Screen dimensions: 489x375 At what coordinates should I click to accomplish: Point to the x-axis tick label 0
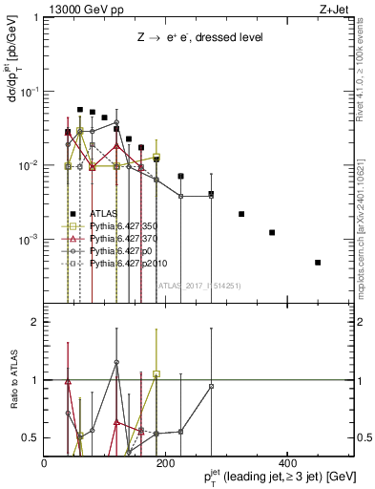(44, 462)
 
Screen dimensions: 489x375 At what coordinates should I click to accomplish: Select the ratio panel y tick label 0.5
(30, 437)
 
